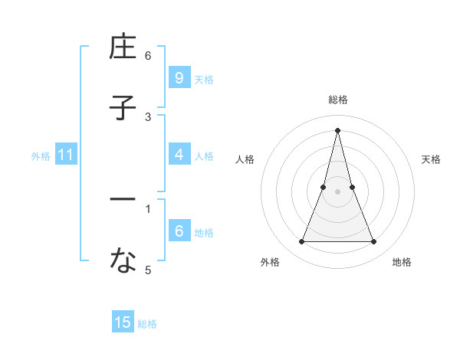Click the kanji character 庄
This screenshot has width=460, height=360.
[123, 47]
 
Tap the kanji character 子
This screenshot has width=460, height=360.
[123, 107]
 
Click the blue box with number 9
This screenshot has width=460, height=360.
[179, 78]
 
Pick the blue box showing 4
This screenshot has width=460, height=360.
[179, 155]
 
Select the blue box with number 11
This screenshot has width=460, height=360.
[66, 155]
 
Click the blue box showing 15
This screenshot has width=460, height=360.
[123, 322]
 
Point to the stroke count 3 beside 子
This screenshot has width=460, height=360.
[148, 116]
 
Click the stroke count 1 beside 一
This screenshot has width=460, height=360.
[148, 208]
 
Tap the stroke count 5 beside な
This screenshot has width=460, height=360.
[148, 270]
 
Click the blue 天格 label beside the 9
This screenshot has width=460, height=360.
[204, 79]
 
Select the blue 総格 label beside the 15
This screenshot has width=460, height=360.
[147, 324]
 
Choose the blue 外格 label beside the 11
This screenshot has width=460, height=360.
[41, 155]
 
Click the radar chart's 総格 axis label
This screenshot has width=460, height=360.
[338, 100]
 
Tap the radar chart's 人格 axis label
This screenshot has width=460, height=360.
[245, 159]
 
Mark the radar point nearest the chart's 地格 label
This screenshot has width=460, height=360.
[374, 242]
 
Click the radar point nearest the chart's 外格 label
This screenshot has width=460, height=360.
[301, 242]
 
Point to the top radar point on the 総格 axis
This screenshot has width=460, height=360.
[338, 129]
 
